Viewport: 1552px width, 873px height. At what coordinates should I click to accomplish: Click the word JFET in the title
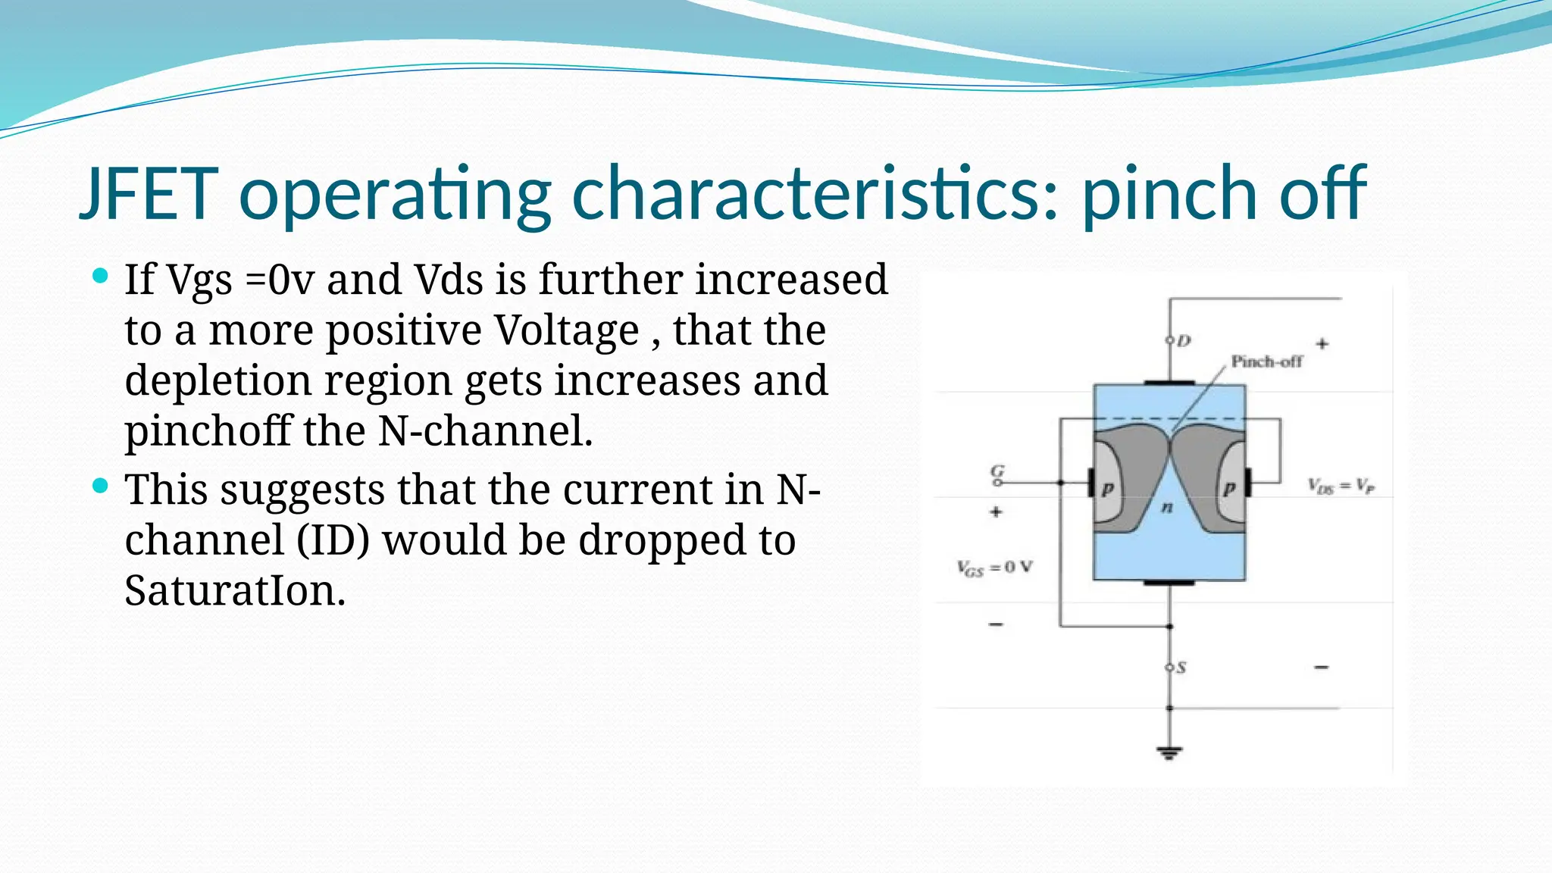(149, 194)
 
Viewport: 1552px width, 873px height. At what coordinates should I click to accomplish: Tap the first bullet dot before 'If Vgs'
(100, 275)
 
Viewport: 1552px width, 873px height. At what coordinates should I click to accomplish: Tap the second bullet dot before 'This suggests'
(100, 486)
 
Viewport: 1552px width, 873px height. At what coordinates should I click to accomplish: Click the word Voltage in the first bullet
(567, 330)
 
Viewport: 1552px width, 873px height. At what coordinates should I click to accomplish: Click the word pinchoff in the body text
(208, 431)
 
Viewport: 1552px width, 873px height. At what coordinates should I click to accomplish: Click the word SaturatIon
(235, 590)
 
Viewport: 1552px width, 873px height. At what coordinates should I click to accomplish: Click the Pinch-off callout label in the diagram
(1266, 361)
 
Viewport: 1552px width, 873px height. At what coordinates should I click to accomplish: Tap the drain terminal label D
(1184, 341)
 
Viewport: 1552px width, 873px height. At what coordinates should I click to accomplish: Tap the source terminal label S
(1181, 668)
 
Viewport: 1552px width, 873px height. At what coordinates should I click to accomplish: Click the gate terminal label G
(998, 471)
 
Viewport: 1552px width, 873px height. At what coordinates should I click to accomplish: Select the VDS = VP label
(1341, 486)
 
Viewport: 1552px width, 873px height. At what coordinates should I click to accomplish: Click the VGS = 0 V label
(994, 568)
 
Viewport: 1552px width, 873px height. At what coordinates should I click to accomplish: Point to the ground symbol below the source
(1169, 753)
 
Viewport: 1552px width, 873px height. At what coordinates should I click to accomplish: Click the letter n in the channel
(1167, 507)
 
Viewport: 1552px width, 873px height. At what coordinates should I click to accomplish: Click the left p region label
(1107, 489)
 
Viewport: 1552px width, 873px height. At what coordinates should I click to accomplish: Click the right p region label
(1228, 489)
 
